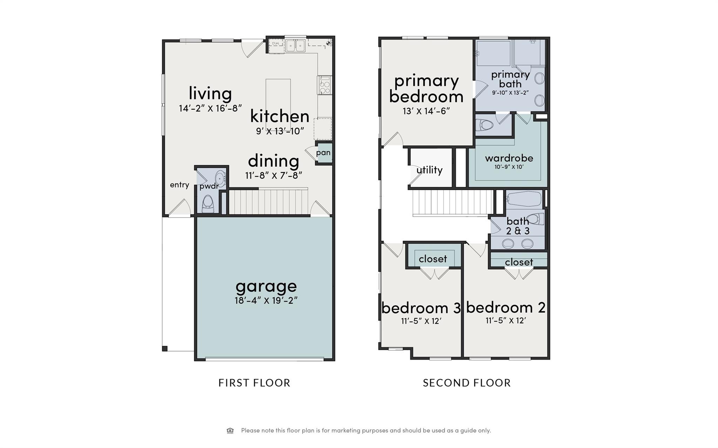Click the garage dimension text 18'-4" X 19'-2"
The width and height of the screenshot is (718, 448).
click(x=266, y=301)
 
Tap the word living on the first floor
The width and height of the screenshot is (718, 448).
click(x=210, y=93)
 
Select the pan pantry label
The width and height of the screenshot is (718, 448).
click(x=323, y=153)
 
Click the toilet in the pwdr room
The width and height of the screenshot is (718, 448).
click(x=208, y=204)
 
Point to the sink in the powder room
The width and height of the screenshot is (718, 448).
click(x=220, y=178)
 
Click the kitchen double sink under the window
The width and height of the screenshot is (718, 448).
click(x=295, y=46)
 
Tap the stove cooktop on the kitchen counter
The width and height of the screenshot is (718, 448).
click(x=325, y=85)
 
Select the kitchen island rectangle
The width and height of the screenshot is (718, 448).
click(x=278, y=102)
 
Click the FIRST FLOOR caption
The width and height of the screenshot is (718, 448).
click(x=254, y=383)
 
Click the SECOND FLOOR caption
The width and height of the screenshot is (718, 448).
click(x=467, y=383)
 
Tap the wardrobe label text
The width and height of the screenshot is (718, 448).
click(x=509, y=158)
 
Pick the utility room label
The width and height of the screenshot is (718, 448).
click(x=429, y=170)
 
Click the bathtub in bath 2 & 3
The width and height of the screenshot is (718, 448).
click(x=524, y=199)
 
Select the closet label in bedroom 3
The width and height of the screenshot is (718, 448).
click(x=433, y=259)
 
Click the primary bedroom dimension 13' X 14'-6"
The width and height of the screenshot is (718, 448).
click(x=426, y=111)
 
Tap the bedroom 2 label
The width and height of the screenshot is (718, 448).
click(x=506, y=308)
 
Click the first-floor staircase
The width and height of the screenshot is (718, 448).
click(x=268, y=202)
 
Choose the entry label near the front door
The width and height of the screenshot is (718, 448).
click(x=179, y=185)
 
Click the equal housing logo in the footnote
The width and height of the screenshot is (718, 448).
click(x=230, y=430)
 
